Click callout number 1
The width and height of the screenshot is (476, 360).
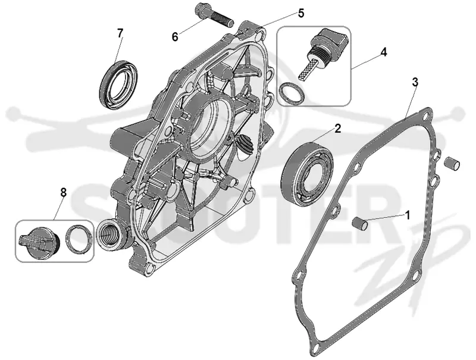(x=408, y=215)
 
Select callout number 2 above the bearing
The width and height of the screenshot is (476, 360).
(x=337, y=129)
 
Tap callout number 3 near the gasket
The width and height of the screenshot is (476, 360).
(x=415, y=82)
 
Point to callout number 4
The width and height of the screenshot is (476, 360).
(x=384, y=52)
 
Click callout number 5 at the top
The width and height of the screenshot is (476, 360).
(x=300, y=13)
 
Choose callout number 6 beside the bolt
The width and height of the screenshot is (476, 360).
(x=175, y=37)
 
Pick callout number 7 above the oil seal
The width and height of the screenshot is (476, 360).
(x=120, y=33)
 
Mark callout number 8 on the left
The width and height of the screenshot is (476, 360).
(x=63, y=192)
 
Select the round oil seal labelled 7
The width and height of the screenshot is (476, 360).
(x=118, y=84)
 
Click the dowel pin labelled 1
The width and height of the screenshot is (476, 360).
(x=360, y=224)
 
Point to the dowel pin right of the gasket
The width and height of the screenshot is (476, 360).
(x=452, y=164)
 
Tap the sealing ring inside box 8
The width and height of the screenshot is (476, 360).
(x=79, y=239)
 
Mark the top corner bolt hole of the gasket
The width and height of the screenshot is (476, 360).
(x=427, y=117)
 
